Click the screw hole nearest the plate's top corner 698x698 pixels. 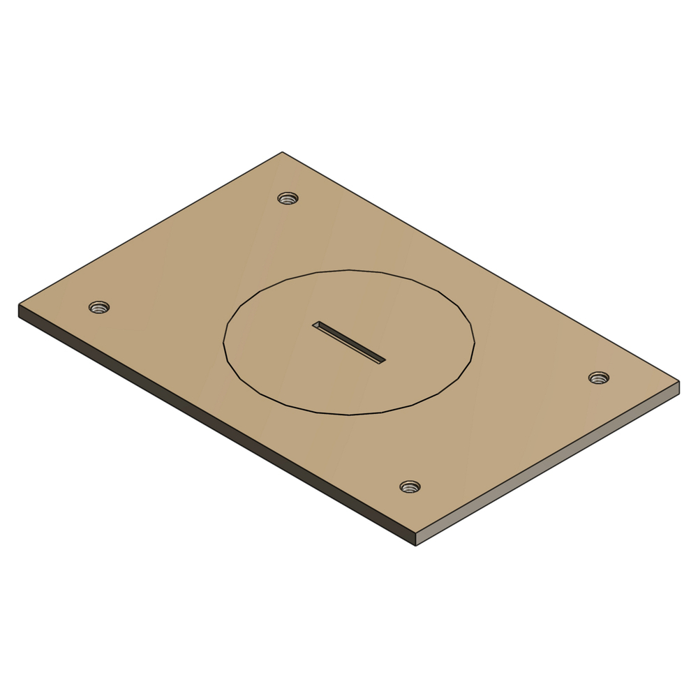pos(288,198)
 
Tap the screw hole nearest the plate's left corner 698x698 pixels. pos(99,307)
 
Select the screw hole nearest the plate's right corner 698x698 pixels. pos(598,378)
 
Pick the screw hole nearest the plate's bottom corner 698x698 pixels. pos(410,487)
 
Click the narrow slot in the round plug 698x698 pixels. pos(348,343)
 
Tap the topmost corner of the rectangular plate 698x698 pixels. pos(282,152)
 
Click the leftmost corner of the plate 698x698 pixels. pos(19,304)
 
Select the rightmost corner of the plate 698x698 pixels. pos(679,381)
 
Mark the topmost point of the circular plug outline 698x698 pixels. pos(349,269)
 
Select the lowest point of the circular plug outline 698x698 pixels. pos(349,415)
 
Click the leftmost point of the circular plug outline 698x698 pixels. pos(223,342)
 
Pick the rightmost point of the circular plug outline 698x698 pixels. pos(475,342)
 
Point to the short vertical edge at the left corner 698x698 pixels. pos(19,311)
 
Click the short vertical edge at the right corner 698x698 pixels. pos(678,387)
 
